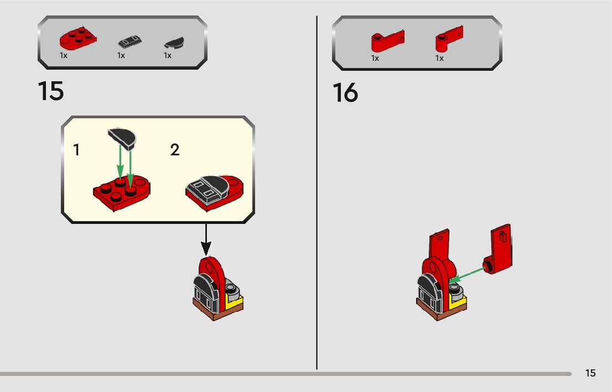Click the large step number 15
(x=51, y=91)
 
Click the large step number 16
(x=345, y=93)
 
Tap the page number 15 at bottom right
(x=590, y=373)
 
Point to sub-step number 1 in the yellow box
(x=76, y=150)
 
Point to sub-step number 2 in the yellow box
(x=175, y=150)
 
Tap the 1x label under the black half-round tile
(x=167, y=56)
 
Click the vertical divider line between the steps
(x=317, y=194)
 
